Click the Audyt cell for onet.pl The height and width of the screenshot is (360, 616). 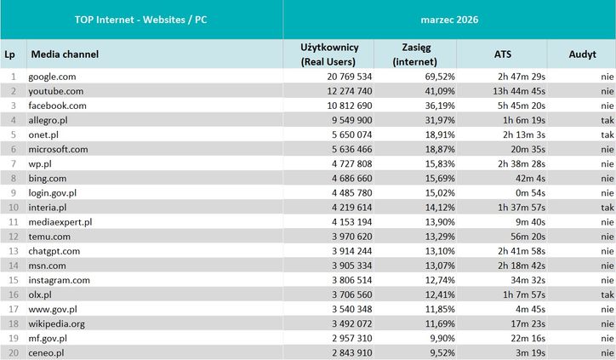pos(607,134)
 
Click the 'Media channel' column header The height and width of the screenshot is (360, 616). pos(65,54)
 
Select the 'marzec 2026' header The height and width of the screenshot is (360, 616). pos(449,19)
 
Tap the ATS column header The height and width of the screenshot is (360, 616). pos(503,54)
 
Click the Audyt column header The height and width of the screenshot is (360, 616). pos(584,54)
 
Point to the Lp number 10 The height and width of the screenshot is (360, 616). pos(13,207)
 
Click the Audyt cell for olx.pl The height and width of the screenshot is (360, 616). pos(607,294)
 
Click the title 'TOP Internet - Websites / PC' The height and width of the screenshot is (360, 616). pos(141,19)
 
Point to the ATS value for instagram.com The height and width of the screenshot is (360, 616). pos(534,279)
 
